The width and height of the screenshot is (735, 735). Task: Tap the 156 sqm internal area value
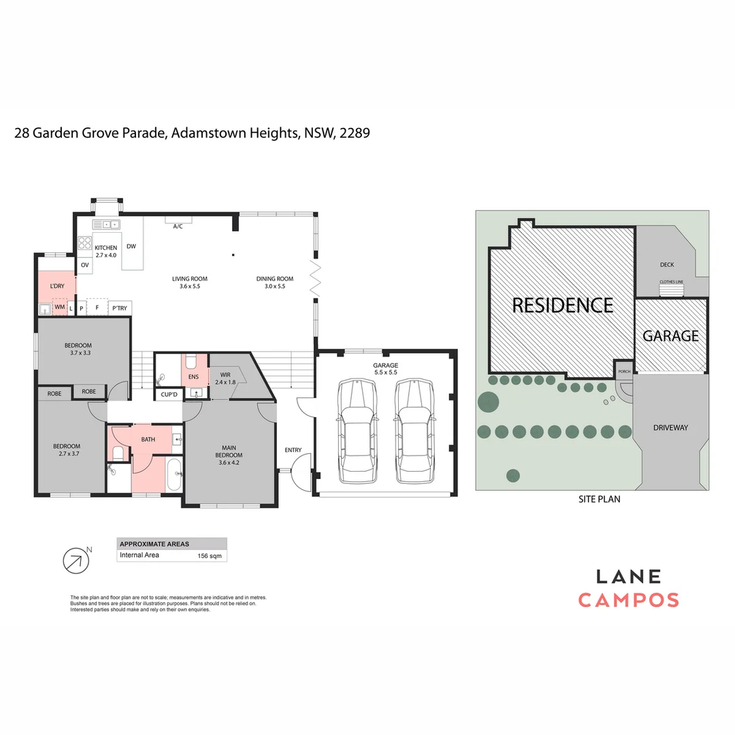[207, 555]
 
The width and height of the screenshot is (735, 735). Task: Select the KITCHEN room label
[105, 248]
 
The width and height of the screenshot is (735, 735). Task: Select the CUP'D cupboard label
[169, 395]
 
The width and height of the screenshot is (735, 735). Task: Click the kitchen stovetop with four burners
[84, 243]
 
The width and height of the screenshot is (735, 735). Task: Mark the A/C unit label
[178, 226]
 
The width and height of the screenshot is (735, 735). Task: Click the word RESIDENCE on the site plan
[562, 305]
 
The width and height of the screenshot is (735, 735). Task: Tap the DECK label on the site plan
[666, 265]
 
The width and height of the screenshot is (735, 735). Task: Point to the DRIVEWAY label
[670, 428]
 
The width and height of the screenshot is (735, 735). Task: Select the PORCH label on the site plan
[624, 372]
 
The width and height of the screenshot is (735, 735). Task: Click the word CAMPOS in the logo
[628, 600]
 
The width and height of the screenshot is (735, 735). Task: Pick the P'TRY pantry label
[119, 308]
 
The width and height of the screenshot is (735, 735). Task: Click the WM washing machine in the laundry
[59, 308]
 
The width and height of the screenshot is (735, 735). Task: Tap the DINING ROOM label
[274, 278]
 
